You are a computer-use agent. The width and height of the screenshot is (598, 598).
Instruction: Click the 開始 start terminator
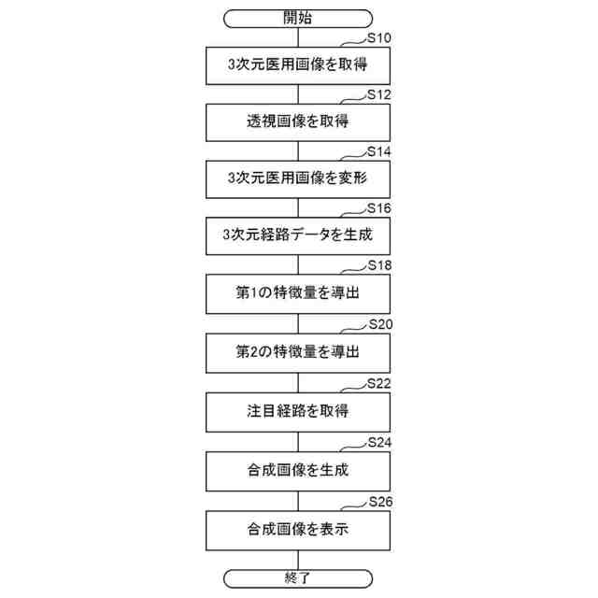(298, 18)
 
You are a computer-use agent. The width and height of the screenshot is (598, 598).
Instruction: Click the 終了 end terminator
(298, 577)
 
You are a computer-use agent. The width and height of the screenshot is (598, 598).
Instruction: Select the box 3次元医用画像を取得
(298, 65)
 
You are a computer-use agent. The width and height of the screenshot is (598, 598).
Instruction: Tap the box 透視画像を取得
(298, 121)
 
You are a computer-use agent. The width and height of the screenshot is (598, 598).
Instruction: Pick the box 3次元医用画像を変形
(298, 178)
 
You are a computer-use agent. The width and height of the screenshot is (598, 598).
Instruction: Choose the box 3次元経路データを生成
(298, 235)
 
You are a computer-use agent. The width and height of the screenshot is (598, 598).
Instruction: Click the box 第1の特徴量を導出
(298, 293)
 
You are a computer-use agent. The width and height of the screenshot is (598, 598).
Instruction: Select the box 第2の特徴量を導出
(298, 351)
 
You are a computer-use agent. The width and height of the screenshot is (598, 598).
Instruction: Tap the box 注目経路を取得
(298, 412)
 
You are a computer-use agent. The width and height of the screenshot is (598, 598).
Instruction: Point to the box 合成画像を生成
(298, 471)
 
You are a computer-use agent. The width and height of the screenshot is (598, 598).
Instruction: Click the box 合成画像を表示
(298, 530)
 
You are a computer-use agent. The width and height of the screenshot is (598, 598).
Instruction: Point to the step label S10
(378, 37)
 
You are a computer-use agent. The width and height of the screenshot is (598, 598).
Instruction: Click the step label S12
(378, 94)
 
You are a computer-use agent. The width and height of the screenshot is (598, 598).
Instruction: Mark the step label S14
(378, 150)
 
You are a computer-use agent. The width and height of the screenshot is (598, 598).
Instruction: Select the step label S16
(378, 207)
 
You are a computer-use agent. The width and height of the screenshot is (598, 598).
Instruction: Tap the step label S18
(378, 265)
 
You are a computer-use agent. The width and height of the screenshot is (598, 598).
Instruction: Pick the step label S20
(378, 324)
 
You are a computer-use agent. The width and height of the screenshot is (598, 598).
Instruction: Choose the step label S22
(378, 384)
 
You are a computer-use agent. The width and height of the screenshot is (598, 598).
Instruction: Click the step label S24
(378, 442)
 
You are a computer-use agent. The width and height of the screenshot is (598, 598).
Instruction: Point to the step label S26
(378, 502)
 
